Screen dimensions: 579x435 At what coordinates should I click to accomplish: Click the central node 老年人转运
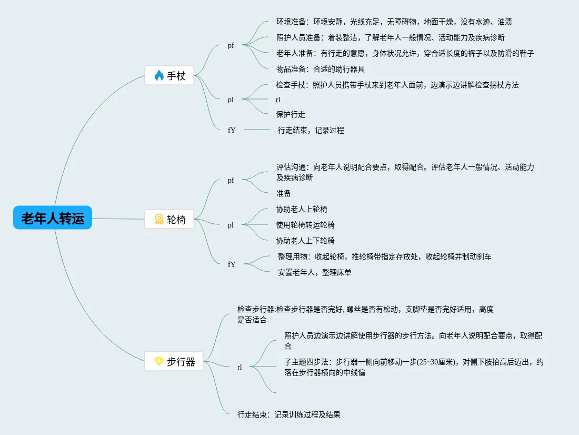(53, 217)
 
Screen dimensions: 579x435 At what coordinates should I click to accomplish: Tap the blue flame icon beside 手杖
(159, 76)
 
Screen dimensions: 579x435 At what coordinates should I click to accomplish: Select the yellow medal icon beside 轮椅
(159, 219)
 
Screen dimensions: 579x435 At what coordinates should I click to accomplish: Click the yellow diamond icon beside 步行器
(159, 362)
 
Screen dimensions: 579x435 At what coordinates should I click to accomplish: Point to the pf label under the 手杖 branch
(231, 45)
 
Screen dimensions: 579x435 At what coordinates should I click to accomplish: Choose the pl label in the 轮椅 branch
(231, 225)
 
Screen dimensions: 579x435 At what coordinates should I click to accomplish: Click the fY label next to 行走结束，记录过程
(232, 130)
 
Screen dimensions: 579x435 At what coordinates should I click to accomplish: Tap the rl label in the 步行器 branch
(239, 368)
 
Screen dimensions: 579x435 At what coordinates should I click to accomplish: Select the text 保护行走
(291, 114)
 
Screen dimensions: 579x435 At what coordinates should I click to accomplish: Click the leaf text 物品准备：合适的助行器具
(321, 68)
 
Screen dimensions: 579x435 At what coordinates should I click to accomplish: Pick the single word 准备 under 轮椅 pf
(284, 193)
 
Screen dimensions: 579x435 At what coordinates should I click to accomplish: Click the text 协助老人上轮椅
(302, 209)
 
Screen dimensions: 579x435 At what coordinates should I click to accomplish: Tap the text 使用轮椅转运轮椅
(305, 225)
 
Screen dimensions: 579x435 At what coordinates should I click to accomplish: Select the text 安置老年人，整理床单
(314, 272)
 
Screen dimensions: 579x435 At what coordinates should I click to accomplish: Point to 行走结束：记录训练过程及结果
(289, 414)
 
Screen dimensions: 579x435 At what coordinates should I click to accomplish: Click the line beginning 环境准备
(394, 22)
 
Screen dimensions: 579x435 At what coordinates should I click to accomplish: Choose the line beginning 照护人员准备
(391, 37)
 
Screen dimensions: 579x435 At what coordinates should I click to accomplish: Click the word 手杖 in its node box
(176, 76)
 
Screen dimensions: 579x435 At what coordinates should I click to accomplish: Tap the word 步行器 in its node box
(181, 362)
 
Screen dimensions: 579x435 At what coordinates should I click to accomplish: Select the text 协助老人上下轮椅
(305, 241)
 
